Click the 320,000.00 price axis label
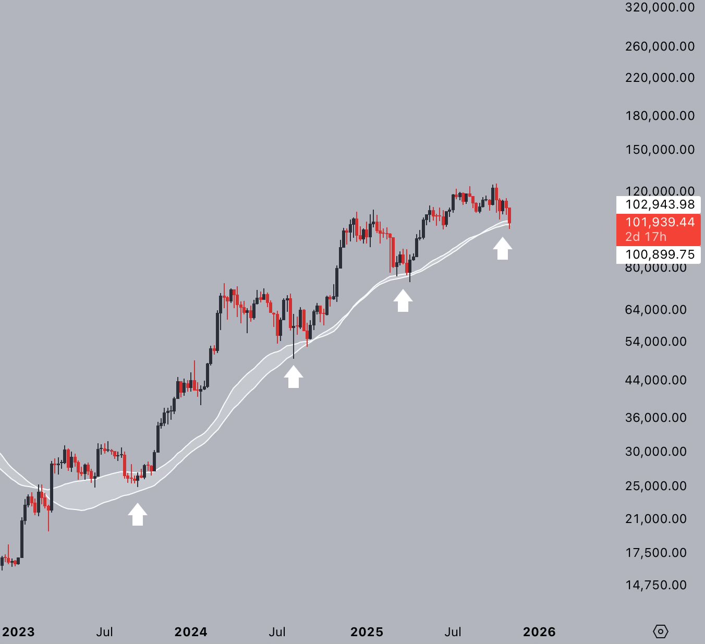(660, 7)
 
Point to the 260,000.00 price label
(660, 46)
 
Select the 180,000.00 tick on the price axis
(660, 115)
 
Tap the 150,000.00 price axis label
(660, 150)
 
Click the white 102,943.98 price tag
(660, 204)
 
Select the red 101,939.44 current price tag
(660, 222)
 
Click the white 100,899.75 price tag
(660, 254)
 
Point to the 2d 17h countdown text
(646, 237)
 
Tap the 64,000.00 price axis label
(655, 310)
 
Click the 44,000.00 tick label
(655, 380)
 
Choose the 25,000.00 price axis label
(655, 486)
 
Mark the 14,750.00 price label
(655, 585)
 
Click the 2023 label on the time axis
(18, 632)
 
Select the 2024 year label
(191, 632)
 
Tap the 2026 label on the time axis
(539, 632)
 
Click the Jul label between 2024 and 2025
(277, 632)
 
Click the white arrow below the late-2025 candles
(503, 248)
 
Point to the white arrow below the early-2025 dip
(403, 301)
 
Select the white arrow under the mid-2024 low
(294, 376)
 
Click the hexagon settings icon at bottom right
(660, 631)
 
